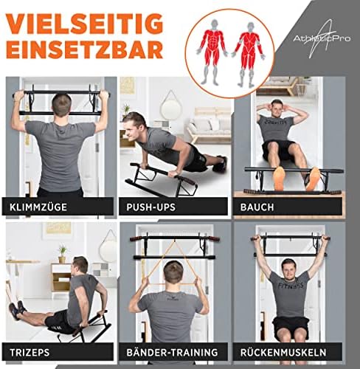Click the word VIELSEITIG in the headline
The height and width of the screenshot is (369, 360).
(84, 24)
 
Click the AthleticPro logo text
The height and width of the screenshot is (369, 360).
(322, 38)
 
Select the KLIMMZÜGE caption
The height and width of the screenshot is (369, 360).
(38, 207)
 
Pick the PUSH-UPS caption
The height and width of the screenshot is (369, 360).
(150, 207)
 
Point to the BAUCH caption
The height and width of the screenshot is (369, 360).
(257, 207)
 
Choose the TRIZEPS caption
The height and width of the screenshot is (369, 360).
(30, 352)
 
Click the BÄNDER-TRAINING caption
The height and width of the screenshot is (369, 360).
(172, 352)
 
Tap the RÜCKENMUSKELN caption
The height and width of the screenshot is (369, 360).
(283, 352)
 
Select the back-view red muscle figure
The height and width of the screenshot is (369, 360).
(249, 54)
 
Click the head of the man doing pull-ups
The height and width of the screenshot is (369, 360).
(62, 105)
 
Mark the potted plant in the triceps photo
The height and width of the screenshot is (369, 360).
(63, 253)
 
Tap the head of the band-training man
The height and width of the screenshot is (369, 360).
(173, 272)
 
